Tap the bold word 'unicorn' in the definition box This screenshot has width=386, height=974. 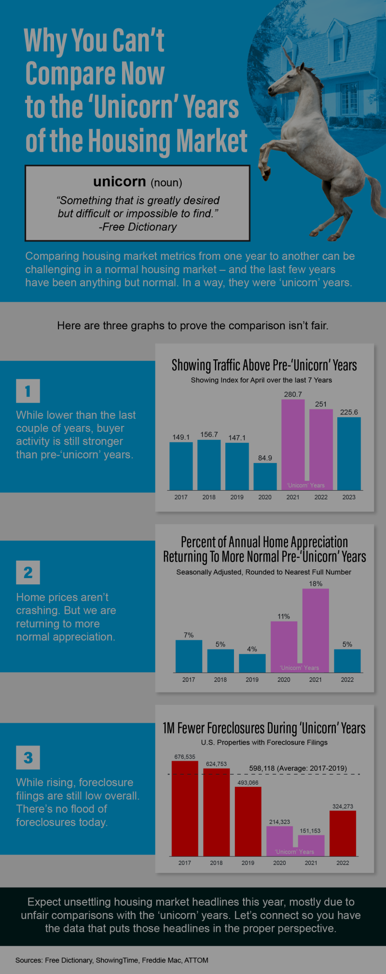point(119,182)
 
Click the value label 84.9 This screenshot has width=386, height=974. point(265,458)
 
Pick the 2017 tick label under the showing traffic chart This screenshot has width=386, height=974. point(181,497)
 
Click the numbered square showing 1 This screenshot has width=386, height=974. point(28,391)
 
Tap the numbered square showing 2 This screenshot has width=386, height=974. point(28,572)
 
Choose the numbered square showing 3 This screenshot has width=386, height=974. point(28,757)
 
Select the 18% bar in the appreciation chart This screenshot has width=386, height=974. point(316,628)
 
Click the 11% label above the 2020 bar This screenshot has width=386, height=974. point(284,616)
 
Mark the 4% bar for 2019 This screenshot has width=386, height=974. point(252,663)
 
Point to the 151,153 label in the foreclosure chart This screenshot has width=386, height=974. point(310,831)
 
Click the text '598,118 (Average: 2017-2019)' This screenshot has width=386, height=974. point(298,768)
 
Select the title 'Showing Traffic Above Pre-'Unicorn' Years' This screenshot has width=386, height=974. point(264,365)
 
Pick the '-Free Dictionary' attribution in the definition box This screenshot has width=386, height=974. point(138,227)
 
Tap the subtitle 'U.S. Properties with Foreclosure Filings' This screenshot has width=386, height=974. point(264,742)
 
